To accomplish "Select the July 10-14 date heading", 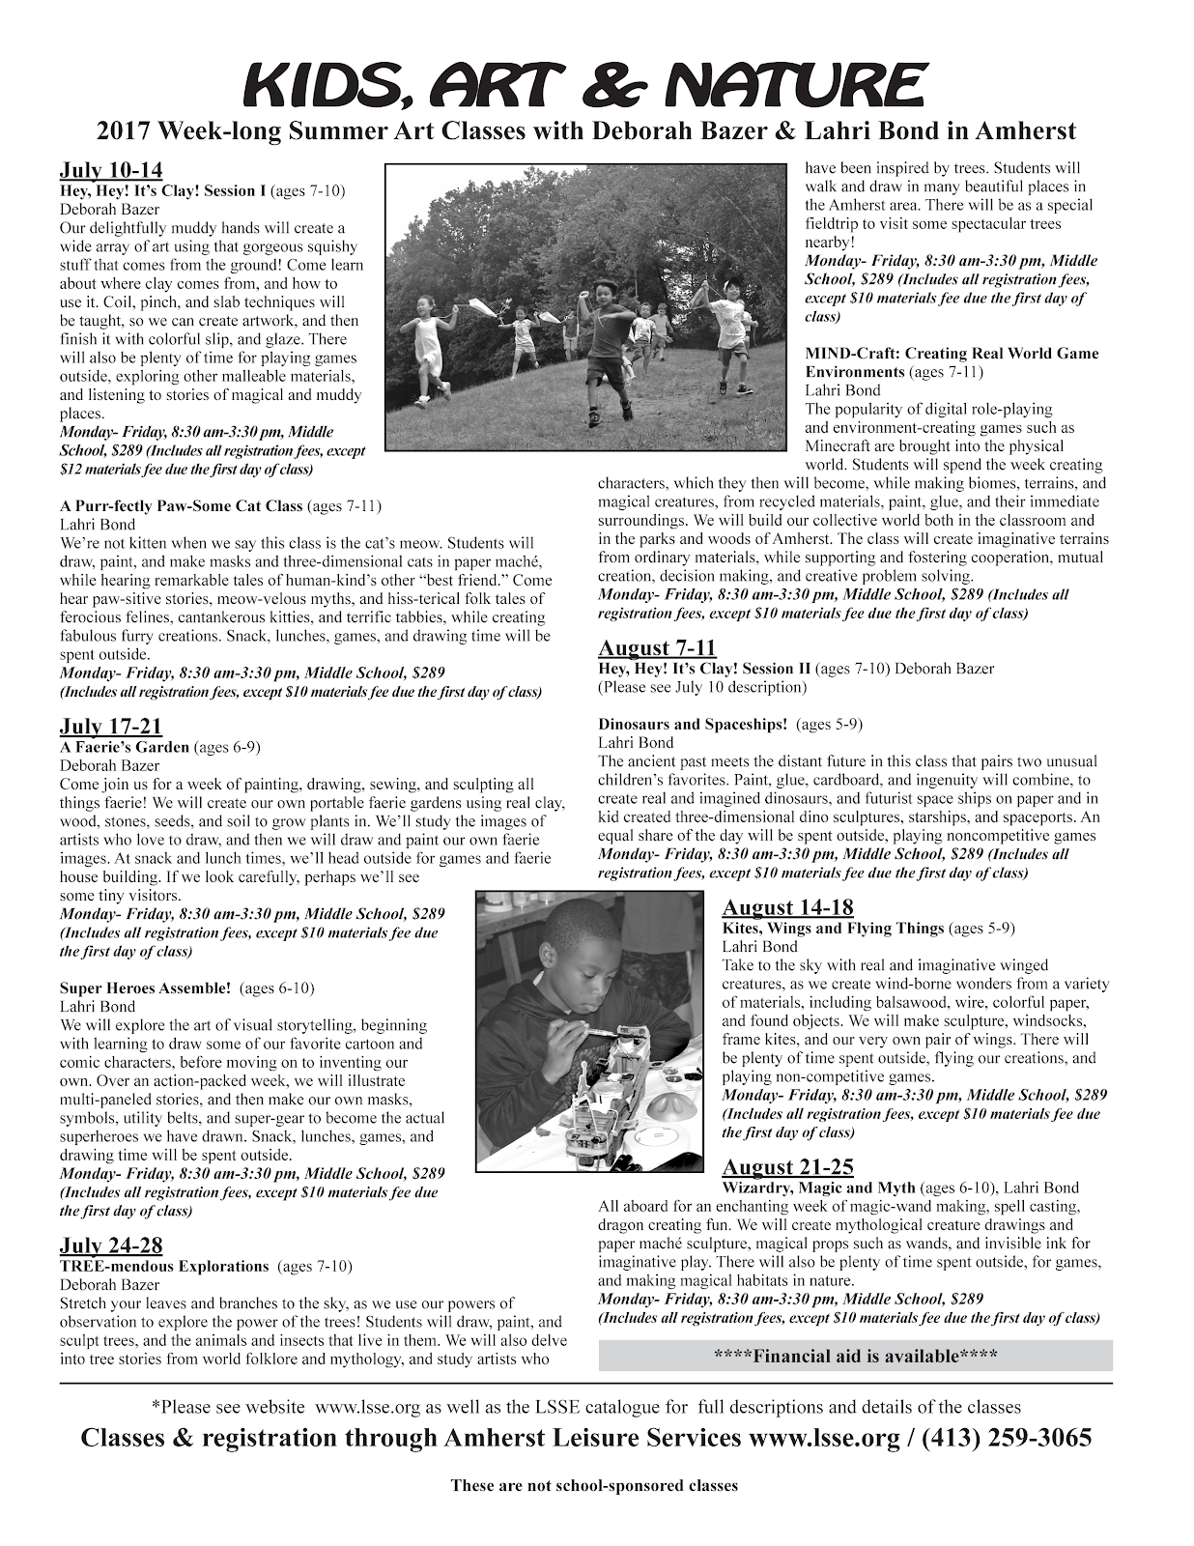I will tap(111, 172).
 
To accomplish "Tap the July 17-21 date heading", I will tap(111, 727).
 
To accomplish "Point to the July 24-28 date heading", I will tap(111, 1245).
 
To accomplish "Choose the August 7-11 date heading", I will tap(657, 647).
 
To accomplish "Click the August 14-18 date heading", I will tap(788, 907).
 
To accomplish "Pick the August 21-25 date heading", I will tap(788, 1167).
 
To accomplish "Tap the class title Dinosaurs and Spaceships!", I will tap(693, 724).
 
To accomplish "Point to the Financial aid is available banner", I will tap(855, 1356).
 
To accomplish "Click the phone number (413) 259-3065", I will tap(1007, 1438).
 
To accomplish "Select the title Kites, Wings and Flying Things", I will tap(833, 928).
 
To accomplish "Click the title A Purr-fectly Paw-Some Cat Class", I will tap(182, 505).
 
